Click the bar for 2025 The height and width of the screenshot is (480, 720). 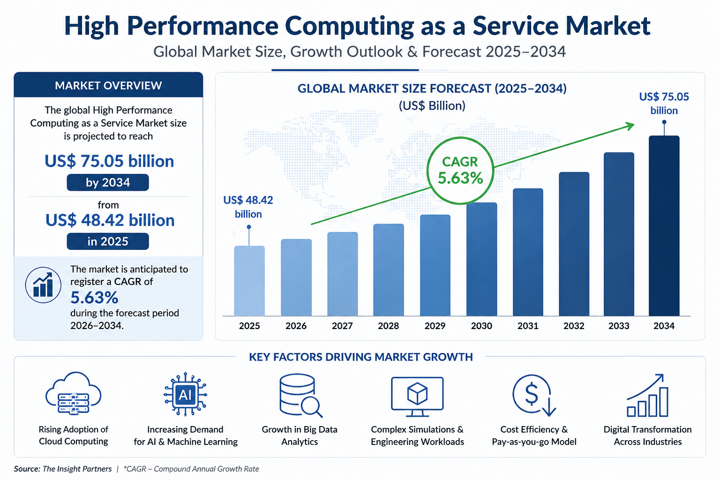pyautogui.click(x=249, y=281)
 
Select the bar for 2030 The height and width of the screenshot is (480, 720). pyautogui.click(x=481, y=259)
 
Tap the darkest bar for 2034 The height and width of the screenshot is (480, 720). pyautogui.click(x=664, y=225)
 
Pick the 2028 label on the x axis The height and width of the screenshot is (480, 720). pyautogui.click(x=388, y=326)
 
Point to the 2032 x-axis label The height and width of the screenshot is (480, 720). pyautogui.click(x=574, y=326)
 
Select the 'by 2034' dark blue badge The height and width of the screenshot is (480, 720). pyautogui.click(x=108, y=183)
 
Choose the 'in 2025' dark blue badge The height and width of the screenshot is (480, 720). pyautogui.click(x=108, y=241)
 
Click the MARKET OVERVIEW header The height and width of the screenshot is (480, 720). pyautogui.click(x=108, y=85)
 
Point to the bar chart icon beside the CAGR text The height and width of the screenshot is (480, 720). pyautogui.click(x=43, y=285)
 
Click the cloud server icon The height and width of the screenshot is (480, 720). pyautogui.click(x=73, y=393)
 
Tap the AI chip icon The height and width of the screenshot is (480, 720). pyautogui.click(x=185, y=394)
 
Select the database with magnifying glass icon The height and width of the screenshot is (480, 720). pyautogui.click(x=300, y=395)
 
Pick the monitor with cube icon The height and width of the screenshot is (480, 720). pyautogui.click(x=417, y=397)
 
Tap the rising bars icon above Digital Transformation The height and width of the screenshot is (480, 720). pyautogui.click(x=647, y=395)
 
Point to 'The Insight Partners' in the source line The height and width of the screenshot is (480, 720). pyautogui.click(x=77, y=469)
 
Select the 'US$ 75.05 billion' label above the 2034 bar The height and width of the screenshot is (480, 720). pyautogui.click(x=664, y=104)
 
